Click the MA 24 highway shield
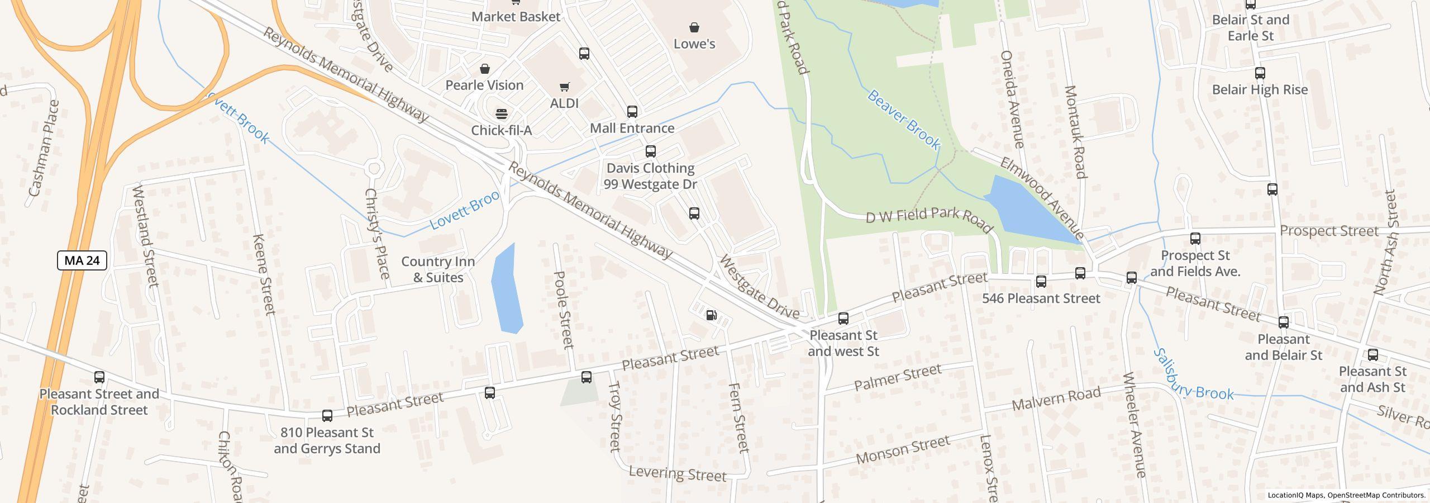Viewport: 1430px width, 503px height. [82, 260]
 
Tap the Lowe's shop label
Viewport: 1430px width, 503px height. [694, 44]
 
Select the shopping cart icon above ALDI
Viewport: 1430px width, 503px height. [564, 87]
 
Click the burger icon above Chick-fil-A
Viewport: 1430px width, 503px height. [502, 114]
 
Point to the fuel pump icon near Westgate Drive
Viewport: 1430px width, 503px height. [711, 315]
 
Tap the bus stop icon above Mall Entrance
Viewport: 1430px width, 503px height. [632, 112]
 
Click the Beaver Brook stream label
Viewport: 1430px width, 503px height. [903, 120]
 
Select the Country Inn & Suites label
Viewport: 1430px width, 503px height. [438, 269]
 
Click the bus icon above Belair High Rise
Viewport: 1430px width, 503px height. [1260, 73]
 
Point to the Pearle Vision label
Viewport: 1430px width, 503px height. [484, 85]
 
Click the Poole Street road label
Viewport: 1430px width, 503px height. [563, 310]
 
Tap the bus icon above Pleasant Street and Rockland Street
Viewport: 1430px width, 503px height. [99, 377]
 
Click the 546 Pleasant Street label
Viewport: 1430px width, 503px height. [1041, 298]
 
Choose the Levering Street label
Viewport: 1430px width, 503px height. [677, 474]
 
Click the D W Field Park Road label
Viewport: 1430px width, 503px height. [928, 219]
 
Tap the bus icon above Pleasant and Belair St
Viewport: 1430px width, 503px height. [1283, 322]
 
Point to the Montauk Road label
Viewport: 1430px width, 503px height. [1075, 132]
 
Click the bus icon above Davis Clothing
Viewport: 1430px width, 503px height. [650, 151]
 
